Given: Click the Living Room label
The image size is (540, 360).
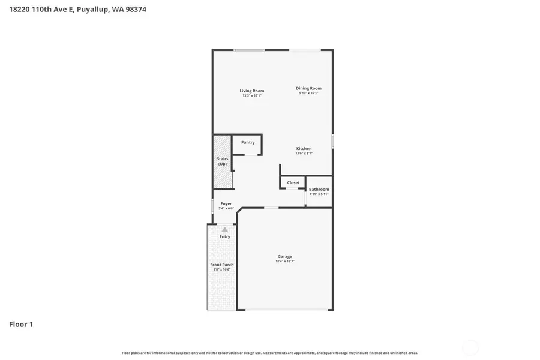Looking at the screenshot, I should pos(252,91).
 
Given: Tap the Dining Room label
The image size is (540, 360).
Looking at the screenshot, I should pos(308,88).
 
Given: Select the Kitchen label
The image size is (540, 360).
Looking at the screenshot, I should pos(304,148).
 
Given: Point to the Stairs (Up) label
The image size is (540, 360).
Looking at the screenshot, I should pos(222,161).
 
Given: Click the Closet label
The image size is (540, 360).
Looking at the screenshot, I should pos(293,182).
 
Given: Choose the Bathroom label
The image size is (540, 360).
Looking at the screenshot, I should pos(319,189).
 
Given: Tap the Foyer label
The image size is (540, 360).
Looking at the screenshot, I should pos(226,203).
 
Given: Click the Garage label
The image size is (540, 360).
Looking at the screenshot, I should pos(284,256).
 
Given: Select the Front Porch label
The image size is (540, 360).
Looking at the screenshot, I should pos(222,265).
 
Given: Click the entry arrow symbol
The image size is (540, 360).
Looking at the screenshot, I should pos(225,229).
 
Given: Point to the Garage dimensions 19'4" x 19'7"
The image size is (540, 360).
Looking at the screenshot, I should pos(284,262).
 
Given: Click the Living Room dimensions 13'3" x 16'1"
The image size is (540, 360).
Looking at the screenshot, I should pos(252,95).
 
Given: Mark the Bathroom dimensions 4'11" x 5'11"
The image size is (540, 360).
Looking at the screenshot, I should pos(319,194).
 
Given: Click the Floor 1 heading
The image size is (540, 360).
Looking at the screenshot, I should pos(21,325).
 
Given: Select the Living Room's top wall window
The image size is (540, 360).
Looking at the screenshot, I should pos(249,50).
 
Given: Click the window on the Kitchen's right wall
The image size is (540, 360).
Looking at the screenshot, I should pos(333,142).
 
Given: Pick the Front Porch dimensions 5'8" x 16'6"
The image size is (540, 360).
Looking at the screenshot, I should pos(222,269).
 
